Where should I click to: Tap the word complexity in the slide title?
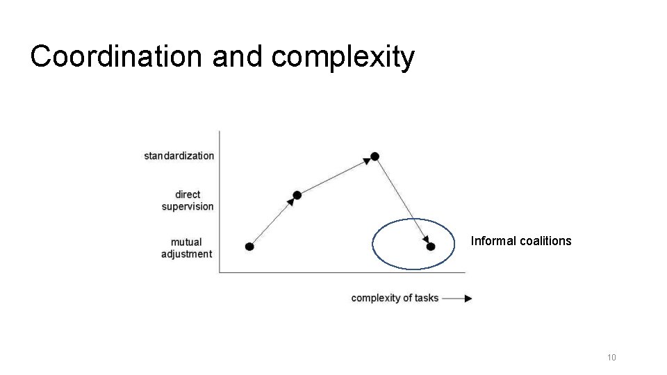pos(343,56)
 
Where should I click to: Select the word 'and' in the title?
pos(238,56)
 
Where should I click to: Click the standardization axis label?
pos(179,156)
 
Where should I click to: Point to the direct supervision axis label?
pos(188,201)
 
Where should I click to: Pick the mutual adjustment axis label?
pos(186,248)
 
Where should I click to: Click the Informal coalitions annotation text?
pos(521,241)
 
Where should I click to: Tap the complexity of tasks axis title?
pos(395,298)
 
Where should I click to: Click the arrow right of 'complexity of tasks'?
pos(458,298)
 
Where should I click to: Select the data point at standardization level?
pos(375,156)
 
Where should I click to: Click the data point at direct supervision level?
pos(297,195)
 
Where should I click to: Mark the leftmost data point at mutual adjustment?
pos(249,247)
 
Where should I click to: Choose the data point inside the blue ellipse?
pos(431,247)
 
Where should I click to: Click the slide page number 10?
pos(611,358)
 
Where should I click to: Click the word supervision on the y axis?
pos(188,206)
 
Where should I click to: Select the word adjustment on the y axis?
pos(186,254)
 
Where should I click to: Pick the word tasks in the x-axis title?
pos(427,298)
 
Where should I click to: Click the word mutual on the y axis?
pos(186,242)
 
